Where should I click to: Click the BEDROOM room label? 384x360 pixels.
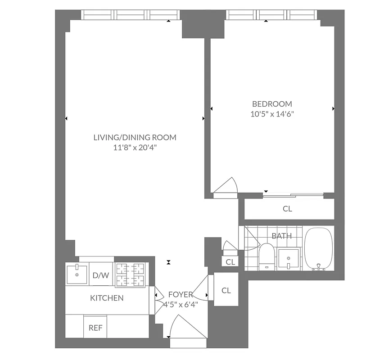click(x=272, y=103)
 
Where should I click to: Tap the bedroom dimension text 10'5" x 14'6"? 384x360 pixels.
click(x=272, y=114)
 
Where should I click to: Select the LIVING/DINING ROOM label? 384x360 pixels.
click(x=135, y=137)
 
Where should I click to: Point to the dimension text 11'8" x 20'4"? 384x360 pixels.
click(x=135, y=148)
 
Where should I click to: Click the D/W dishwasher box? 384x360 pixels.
click(x=101, y=275)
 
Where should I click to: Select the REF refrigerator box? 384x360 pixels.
click(x=95, y=328)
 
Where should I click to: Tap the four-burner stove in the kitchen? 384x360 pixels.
click(x=132, y=274)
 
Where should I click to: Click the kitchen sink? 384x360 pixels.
click(x=77, y=274)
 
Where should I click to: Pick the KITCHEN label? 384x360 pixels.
click(x=107, y=298)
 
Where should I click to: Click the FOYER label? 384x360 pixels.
click(x=181, y=294)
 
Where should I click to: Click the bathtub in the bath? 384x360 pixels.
click(x=319, y=249)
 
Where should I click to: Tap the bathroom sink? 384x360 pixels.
click(x=288, y=259)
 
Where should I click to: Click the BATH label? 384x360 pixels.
click(x=281, y=236)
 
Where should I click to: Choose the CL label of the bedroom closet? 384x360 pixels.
click(x=287, y=209)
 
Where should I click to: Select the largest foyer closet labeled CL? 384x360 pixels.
click(x=226, y=290)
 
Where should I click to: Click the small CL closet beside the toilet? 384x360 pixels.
click(x=230, y=262)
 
